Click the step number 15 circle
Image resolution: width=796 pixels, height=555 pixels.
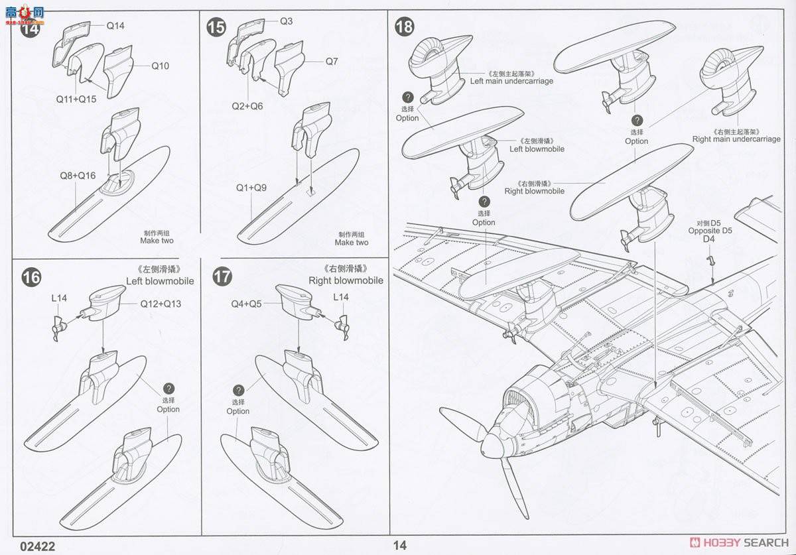point(216,27)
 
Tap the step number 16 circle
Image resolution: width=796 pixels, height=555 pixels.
point(31,277)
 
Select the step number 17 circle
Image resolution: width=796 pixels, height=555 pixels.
point(222,277)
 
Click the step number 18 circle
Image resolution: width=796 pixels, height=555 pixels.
point(404,27)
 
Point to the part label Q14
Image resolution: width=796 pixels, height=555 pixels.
point(115,26)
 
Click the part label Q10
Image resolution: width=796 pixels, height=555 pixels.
point(160,66)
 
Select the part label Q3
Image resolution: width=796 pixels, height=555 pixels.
point(286,21)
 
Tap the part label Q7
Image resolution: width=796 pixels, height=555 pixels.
point(332,62)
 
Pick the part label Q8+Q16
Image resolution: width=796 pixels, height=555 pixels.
point(78,176)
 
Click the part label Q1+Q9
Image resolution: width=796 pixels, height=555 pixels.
point(251,188)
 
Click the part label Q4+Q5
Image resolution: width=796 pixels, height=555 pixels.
point(246,304)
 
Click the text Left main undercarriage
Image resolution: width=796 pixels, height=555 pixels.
point(511,81)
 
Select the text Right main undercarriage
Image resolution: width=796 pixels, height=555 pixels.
point(736,139)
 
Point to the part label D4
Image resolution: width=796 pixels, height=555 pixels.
point(708,239)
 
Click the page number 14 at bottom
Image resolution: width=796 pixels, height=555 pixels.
point(399,546)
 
